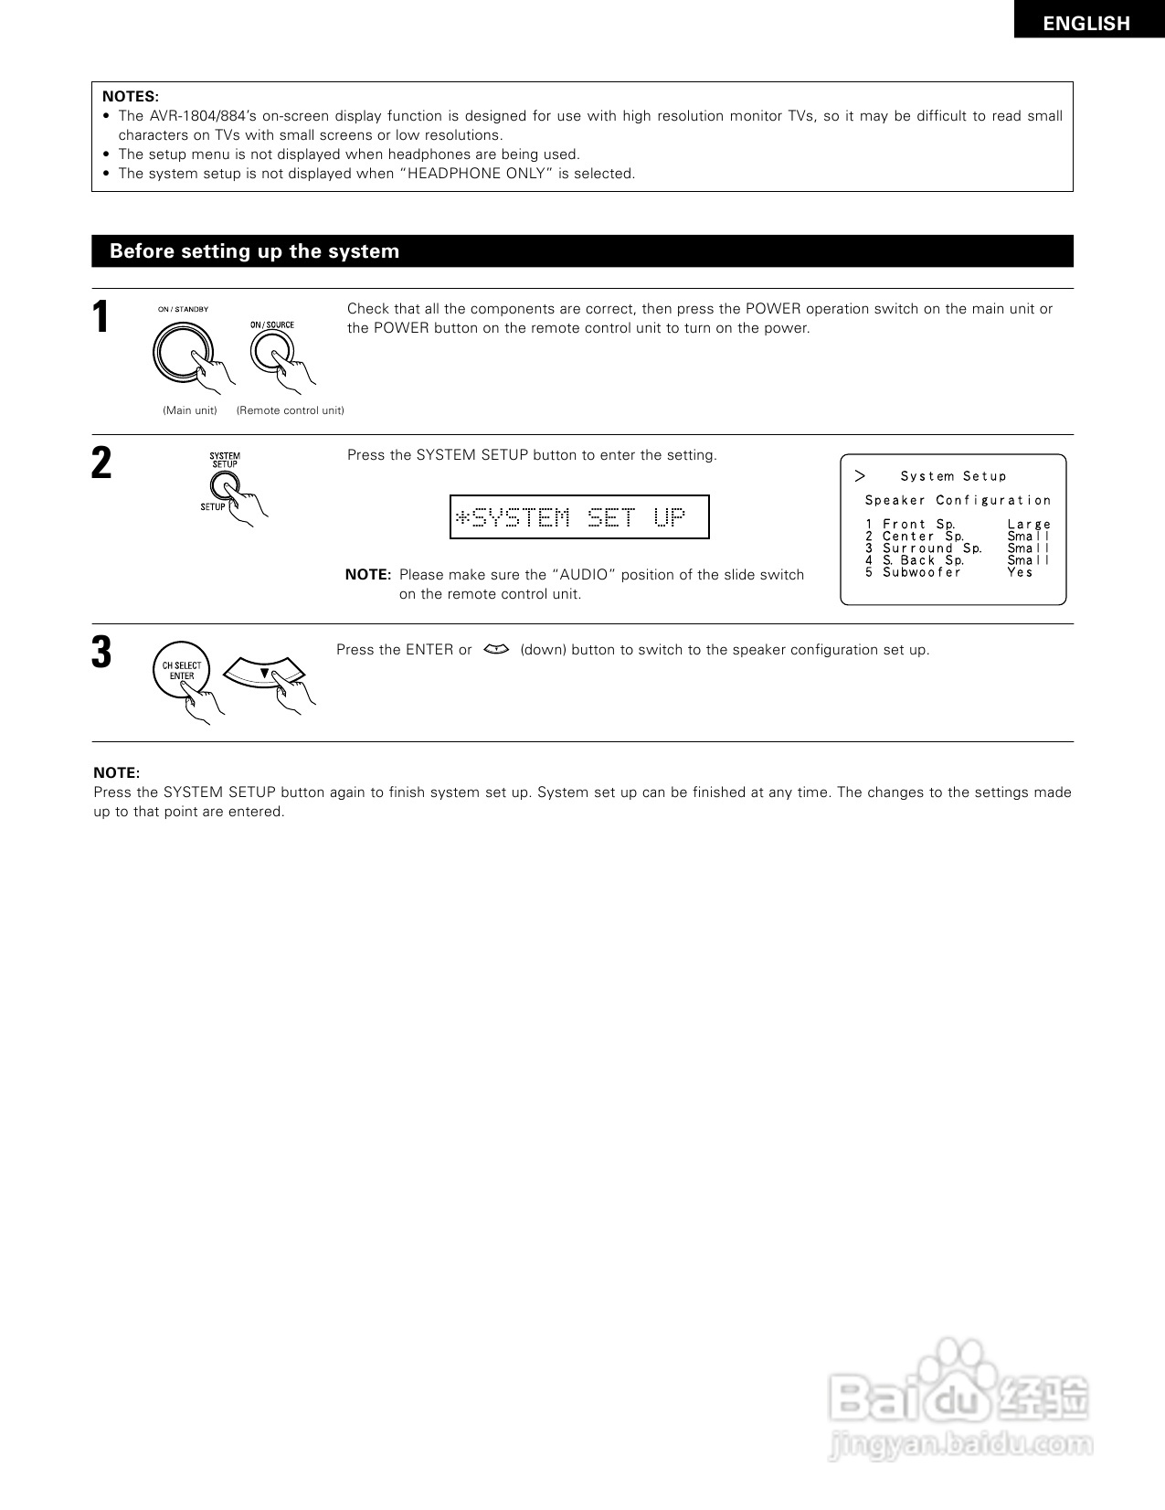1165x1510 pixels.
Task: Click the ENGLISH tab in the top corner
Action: tap(1086, 24)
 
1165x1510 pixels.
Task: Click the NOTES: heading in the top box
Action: tap(130, 97)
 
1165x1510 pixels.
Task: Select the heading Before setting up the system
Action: tap(254, 251)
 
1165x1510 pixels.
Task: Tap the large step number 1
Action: tap(101, 318)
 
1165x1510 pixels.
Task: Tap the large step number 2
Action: tap(101, 463)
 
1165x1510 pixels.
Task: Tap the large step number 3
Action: tap(101, 653)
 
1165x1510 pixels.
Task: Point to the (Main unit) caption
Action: tap(190, 410)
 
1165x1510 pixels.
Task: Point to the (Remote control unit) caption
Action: tap(291, 410)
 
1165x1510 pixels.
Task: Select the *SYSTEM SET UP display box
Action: tap(579, 517)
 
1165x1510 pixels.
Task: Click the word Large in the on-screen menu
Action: tap(1029, 525)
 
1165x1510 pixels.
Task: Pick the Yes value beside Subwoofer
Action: tap(1020, 573)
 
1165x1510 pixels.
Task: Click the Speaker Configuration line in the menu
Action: tap(958, 501)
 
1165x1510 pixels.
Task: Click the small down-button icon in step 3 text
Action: tap(495, 650)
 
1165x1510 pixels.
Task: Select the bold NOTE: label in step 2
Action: tap(367, 575)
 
